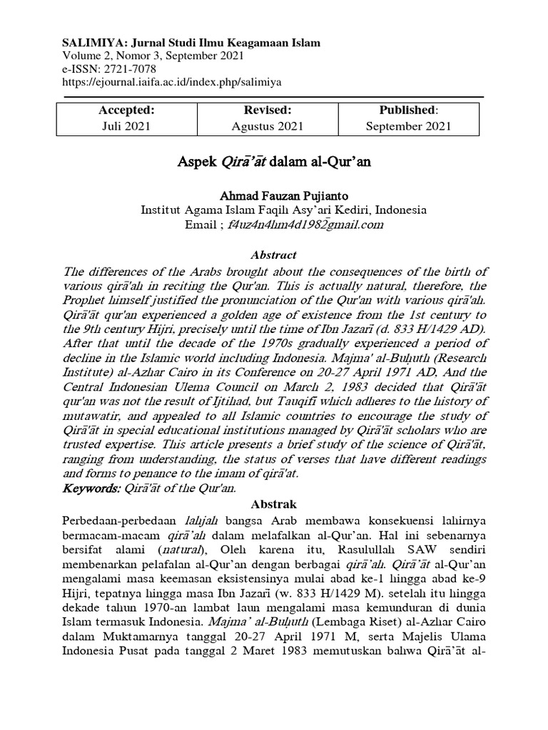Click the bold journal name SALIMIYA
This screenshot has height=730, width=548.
(88, 43)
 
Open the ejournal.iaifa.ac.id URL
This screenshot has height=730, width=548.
(172, 81)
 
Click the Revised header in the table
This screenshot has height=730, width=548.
(268, 110)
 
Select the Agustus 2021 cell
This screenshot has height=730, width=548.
(268, 126)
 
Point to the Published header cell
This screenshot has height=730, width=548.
(408, 110)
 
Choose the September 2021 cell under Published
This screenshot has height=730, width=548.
(408, 126)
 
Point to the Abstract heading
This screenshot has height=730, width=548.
(274, 255)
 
